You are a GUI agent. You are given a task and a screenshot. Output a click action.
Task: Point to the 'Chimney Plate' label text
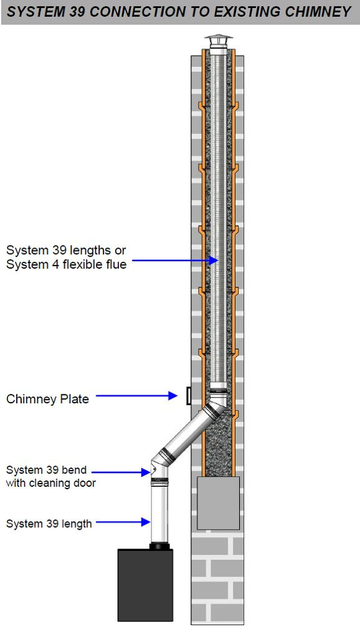pyautogui.click(x=47, y=399)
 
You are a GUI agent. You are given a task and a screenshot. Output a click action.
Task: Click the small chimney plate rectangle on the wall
pyautogui.click(x=189, y=396)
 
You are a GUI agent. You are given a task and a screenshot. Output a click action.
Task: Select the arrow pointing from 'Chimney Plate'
pyautogui.click(x=136, y=396)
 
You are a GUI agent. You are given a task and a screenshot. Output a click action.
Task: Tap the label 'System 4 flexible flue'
pyautogui.click(x=66, y=264)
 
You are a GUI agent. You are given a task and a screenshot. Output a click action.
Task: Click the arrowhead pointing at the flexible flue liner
pyautogui.click(x=214, y=261)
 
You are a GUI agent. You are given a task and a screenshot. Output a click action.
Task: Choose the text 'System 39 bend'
pyautogui.click(x=46, y=470)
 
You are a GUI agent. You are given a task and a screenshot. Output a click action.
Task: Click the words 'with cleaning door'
pyautogui.click(x=50, y=483)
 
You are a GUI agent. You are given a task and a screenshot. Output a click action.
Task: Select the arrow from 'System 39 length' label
pyautogui.click(x=123, y=522)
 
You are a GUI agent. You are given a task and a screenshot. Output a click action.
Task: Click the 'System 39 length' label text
pyautogui.click(x=49, y=524)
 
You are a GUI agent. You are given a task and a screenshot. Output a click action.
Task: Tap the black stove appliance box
pyautogui.click(x=146, y=585)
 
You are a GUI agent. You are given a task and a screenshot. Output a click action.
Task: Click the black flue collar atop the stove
pyautogui.click(x=160, y=546)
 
